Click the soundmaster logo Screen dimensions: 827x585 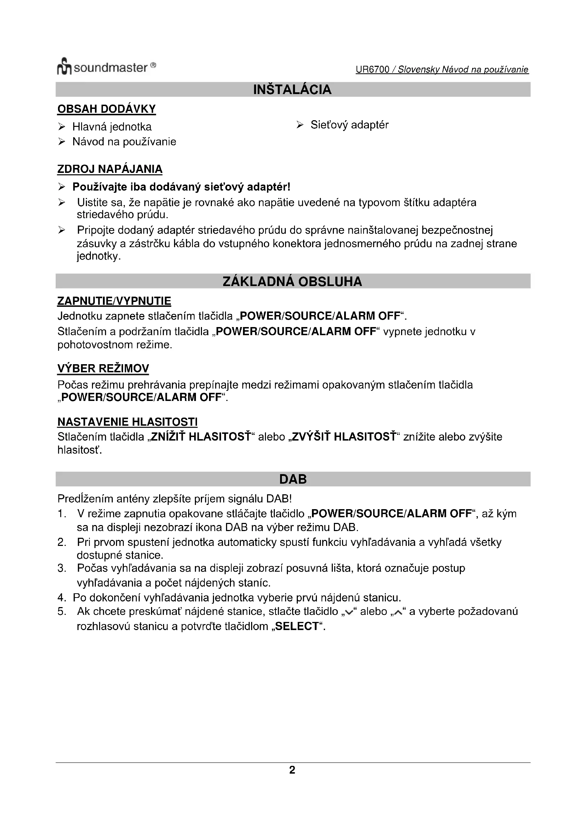click(106, 67)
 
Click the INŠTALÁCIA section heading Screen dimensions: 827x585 click(292, 89)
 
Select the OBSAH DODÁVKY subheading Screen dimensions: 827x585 click(106, 109)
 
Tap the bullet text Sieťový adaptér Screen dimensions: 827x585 click(349, 125)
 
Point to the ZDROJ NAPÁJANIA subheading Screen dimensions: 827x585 click(110, 169)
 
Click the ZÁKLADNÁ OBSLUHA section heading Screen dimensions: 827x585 click(292, 281)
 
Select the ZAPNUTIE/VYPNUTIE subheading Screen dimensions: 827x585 click(114, 301)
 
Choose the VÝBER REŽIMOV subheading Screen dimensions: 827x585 click(103, 368)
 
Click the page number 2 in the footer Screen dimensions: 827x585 click(292, 770)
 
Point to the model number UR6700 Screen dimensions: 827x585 click(372, 70)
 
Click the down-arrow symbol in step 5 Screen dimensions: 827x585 click(348, 613)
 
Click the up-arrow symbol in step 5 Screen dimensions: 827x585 click(398, 613)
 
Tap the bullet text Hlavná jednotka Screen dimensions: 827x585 click(112, 127)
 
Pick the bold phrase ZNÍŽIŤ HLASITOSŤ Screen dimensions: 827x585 click(201, 437)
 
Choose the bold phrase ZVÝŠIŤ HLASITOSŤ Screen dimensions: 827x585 click(344, 437)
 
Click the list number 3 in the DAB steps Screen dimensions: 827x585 click(62, 569)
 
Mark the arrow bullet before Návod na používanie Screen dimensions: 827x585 click(62, 142)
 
